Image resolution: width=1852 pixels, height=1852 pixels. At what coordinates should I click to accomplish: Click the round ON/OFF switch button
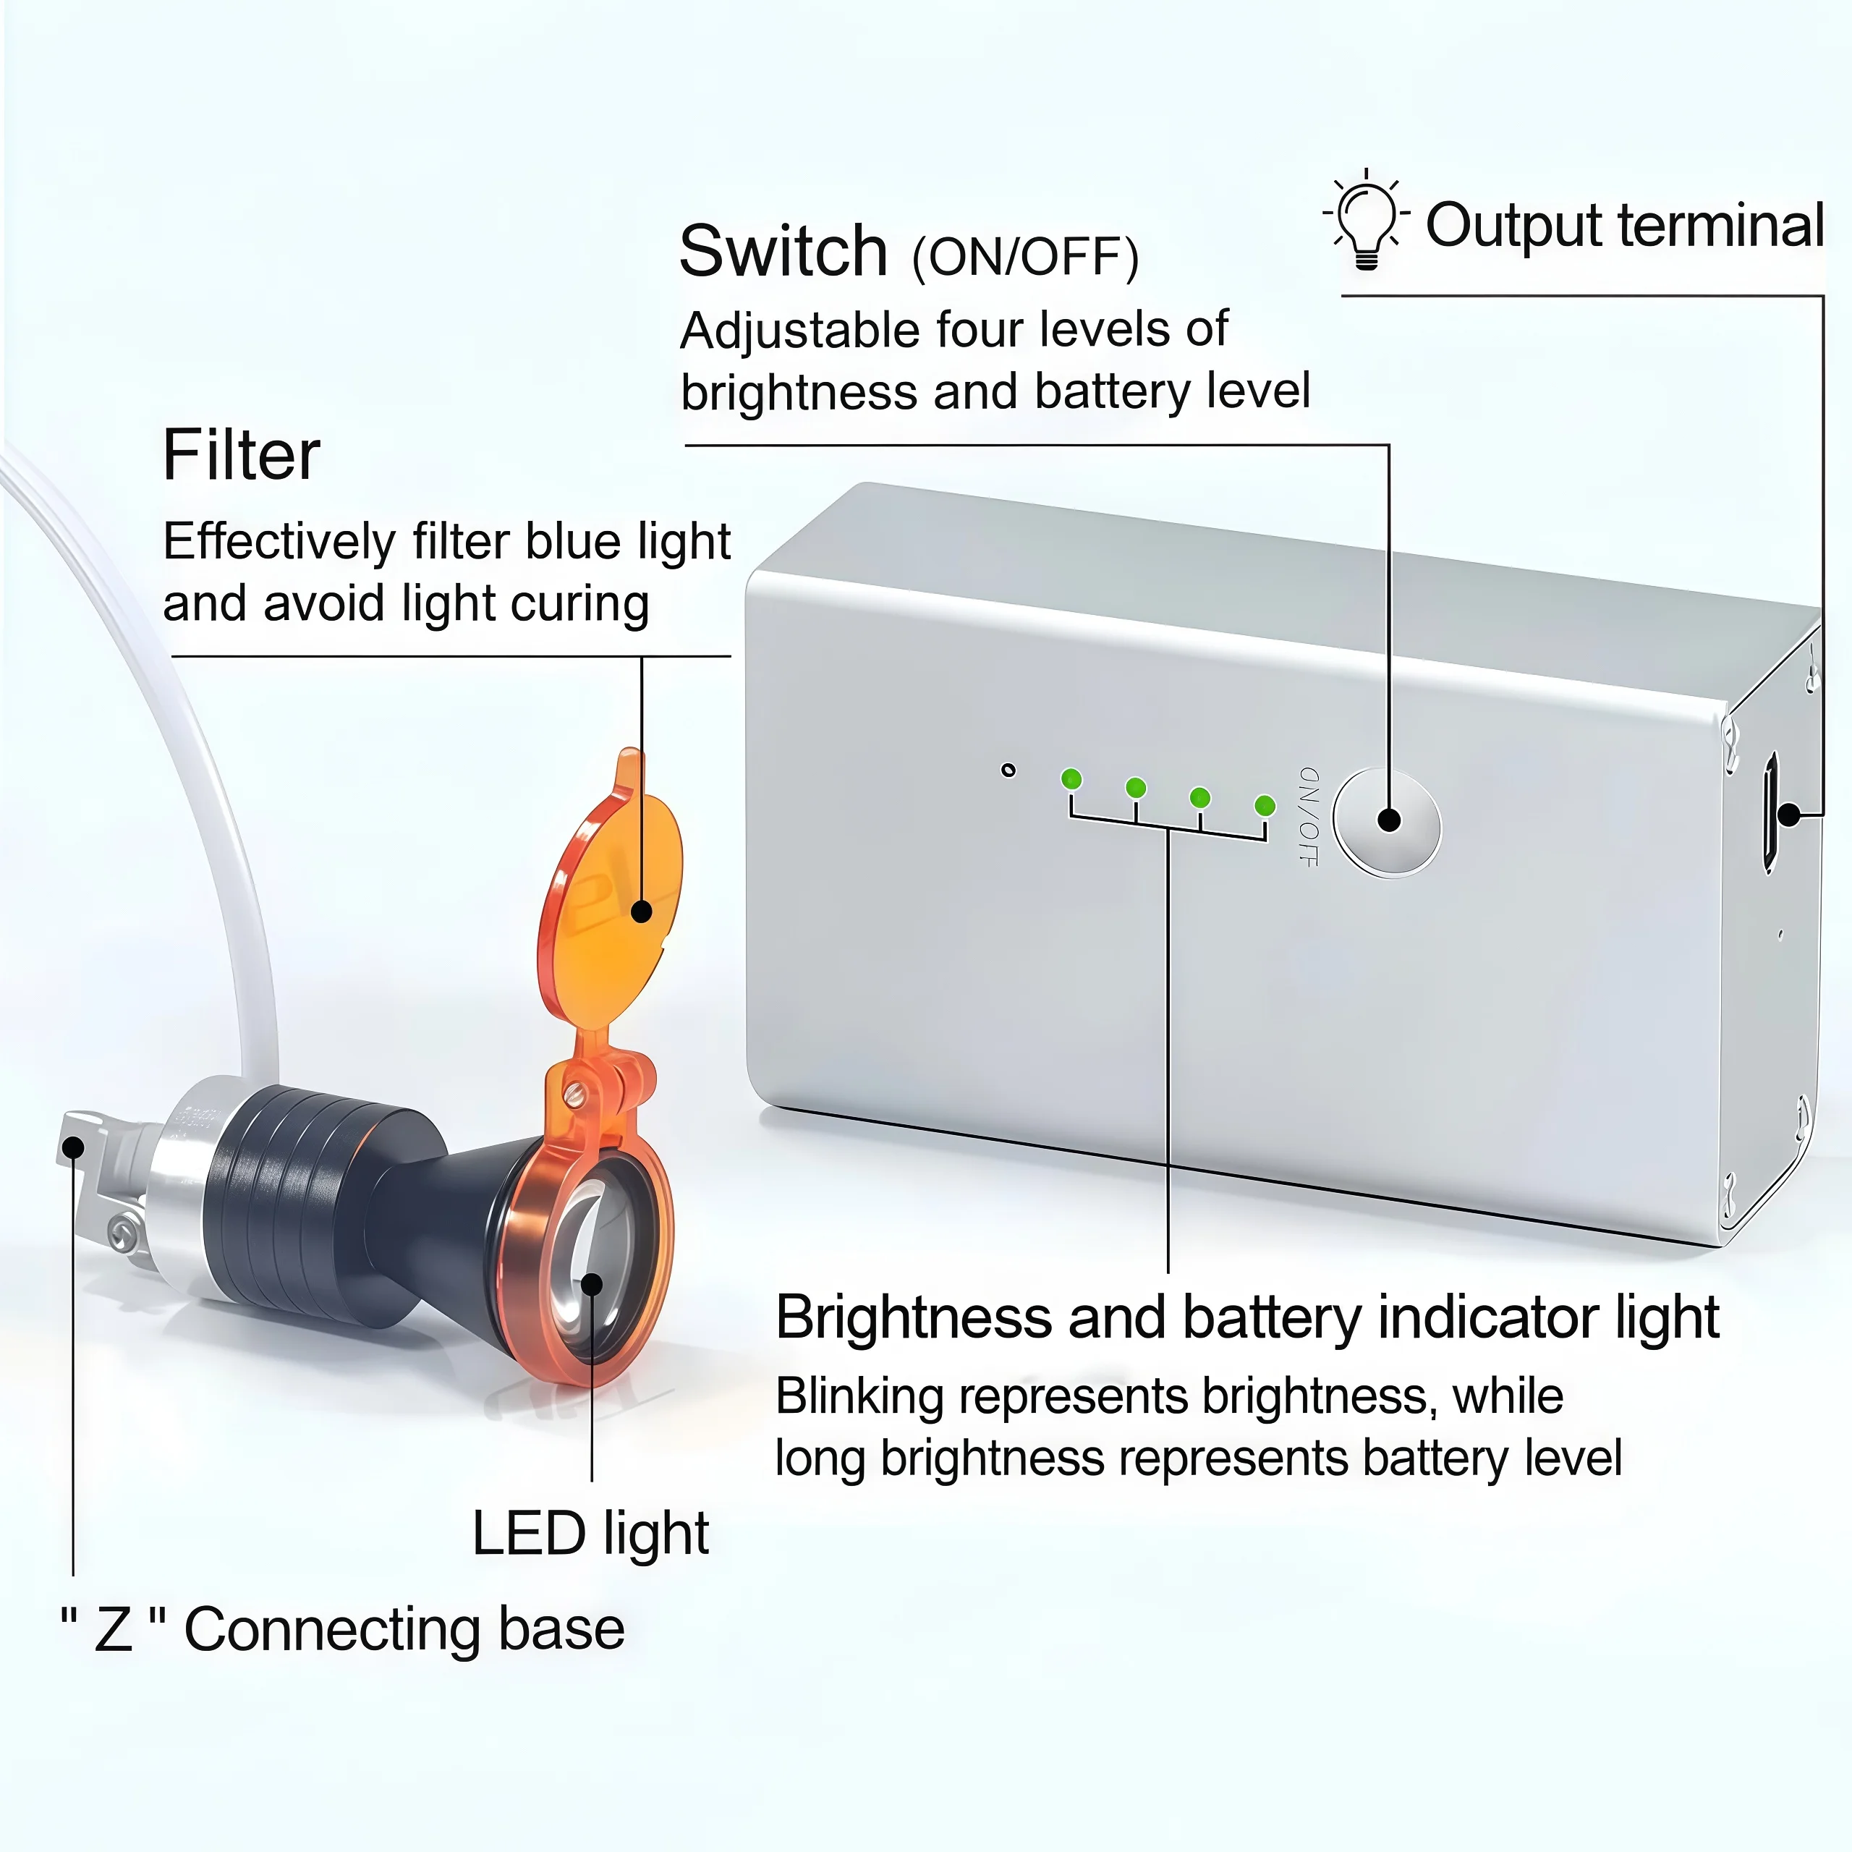(1387, 822)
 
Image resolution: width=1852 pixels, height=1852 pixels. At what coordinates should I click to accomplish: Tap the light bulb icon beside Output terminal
(1366, 219)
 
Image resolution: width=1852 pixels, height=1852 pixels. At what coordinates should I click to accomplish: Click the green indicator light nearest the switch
(1265, 805)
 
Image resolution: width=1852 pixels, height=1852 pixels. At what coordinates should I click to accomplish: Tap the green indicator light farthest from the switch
(1071, 779)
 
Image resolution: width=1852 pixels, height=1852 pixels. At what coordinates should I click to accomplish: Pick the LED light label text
(590, 1534)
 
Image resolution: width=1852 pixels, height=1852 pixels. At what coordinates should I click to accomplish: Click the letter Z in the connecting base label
(113, 1630)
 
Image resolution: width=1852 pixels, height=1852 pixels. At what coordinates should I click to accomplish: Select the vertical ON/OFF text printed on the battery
(1307, 817)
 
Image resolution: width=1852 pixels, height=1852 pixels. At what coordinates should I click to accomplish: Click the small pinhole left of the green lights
(1008, 770)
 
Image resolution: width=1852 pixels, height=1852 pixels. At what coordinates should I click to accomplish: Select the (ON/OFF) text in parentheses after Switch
(1024, 257)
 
